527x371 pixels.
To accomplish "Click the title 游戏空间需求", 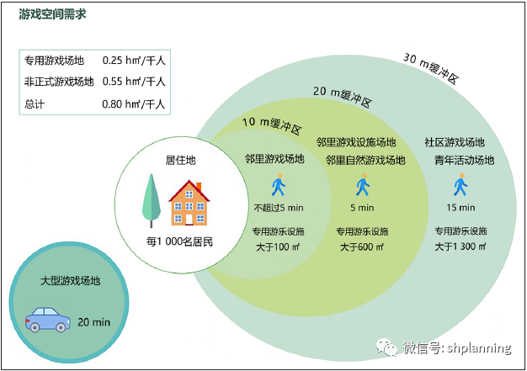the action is [x=52, y=15].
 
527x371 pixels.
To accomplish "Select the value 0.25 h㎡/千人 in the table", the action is [x=133, y=61].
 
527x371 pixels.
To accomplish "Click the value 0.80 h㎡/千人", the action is [x=133, y=105].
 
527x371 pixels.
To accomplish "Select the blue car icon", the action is [x=47, y=321].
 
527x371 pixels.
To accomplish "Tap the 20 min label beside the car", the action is [x=94, y=322].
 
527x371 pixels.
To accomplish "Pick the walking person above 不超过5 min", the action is [x=279, y=185].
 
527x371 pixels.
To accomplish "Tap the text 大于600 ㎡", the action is [x=362, y=247].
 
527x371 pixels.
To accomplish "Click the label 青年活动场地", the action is [x=465, y=160].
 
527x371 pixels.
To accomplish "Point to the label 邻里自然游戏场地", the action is [x=365, y=160].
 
